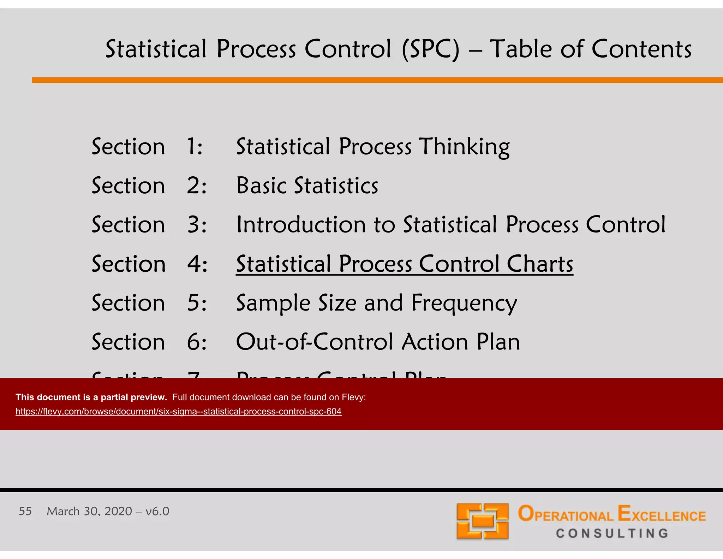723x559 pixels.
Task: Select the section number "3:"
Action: coord(197,225)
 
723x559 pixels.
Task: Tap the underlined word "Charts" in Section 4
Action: coord(540,264)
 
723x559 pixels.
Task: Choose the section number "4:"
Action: coord(197,264)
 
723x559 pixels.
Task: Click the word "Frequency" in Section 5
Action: coord(464,303)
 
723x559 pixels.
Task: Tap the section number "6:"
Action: coord(197,342)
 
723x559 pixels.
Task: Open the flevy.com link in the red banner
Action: coord(178,411)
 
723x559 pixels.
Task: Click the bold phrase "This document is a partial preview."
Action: coord(91,397)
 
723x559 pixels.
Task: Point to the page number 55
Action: coord(25,511)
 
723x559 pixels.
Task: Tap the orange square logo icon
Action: coord(482,521)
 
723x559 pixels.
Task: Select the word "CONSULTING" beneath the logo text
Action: coord(612,533)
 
